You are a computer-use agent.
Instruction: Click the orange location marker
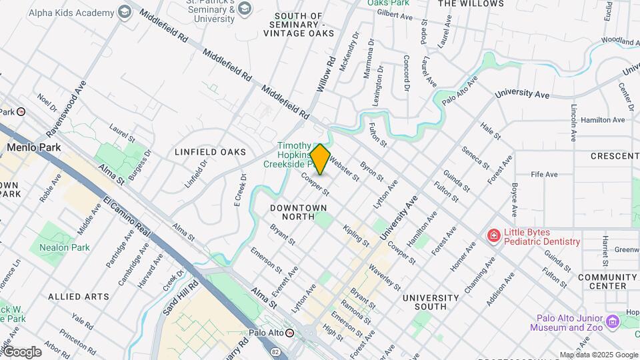coord(321,159)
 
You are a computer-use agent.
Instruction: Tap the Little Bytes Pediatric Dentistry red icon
coord(493,235)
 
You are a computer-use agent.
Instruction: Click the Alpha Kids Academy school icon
coord(124,11)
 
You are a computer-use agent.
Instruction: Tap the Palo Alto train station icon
coord(289,332)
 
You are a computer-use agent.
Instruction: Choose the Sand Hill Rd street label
coord(181,297)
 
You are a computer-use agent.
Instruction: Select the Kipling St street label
coord(356,235)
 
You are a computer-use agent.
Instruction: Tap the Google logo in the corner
coord(22,352)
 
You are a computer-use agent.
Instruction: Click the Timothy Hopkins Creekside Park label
coord(295,155)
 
